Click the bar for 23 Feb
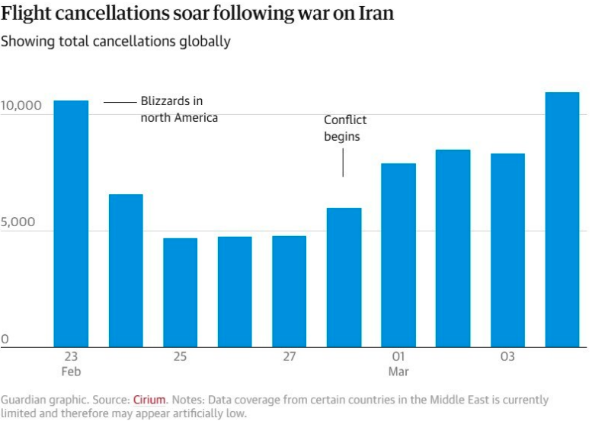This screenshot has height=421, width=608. (x=71, y=224)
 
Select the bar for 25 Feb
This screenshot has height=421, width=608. (x=180, y=293)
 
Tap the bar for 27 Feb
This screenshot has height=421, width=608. (x=289, y=292)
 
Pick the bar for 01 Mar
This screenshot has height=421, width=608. (x=398, y=255)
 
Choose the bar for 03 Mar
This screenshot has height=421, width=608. (x=507, y=250)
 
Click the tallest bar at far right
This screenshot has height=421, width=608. (x=562, y=220)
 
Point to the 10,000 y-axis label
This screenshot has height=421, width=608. (x=21, y=105)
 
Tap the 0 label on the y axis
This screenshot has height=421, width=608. (x=5, y=340)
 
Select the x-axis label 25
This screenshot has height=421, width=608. (x=180, y=357)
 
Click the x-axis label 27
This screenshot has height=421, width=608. (x=289, y=357)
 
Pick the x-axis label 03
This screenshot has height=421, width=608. (x=507, y=357)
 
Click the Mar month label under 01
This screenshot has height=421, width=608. (x=398, y=372)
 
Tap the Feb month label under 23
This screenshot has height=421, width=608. (x=71, y=372)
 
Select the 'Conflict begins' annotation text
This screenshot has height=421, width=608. (x=344, y=129)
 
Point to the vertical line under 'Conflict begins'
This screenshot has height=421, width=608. (x=343, y=163)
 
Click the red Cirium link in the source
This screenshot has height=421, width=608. (x=149, y=400)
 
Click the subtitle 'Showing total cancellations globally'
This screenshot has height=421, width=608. (x=115, y=41)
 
